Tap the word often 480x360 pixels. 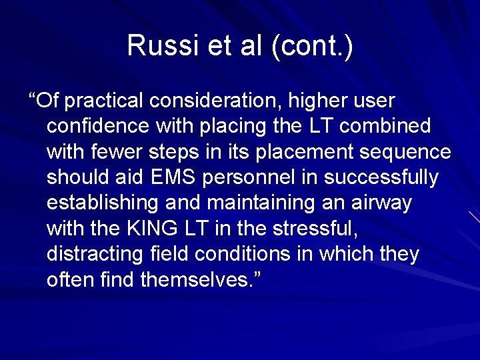(71, 280)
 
